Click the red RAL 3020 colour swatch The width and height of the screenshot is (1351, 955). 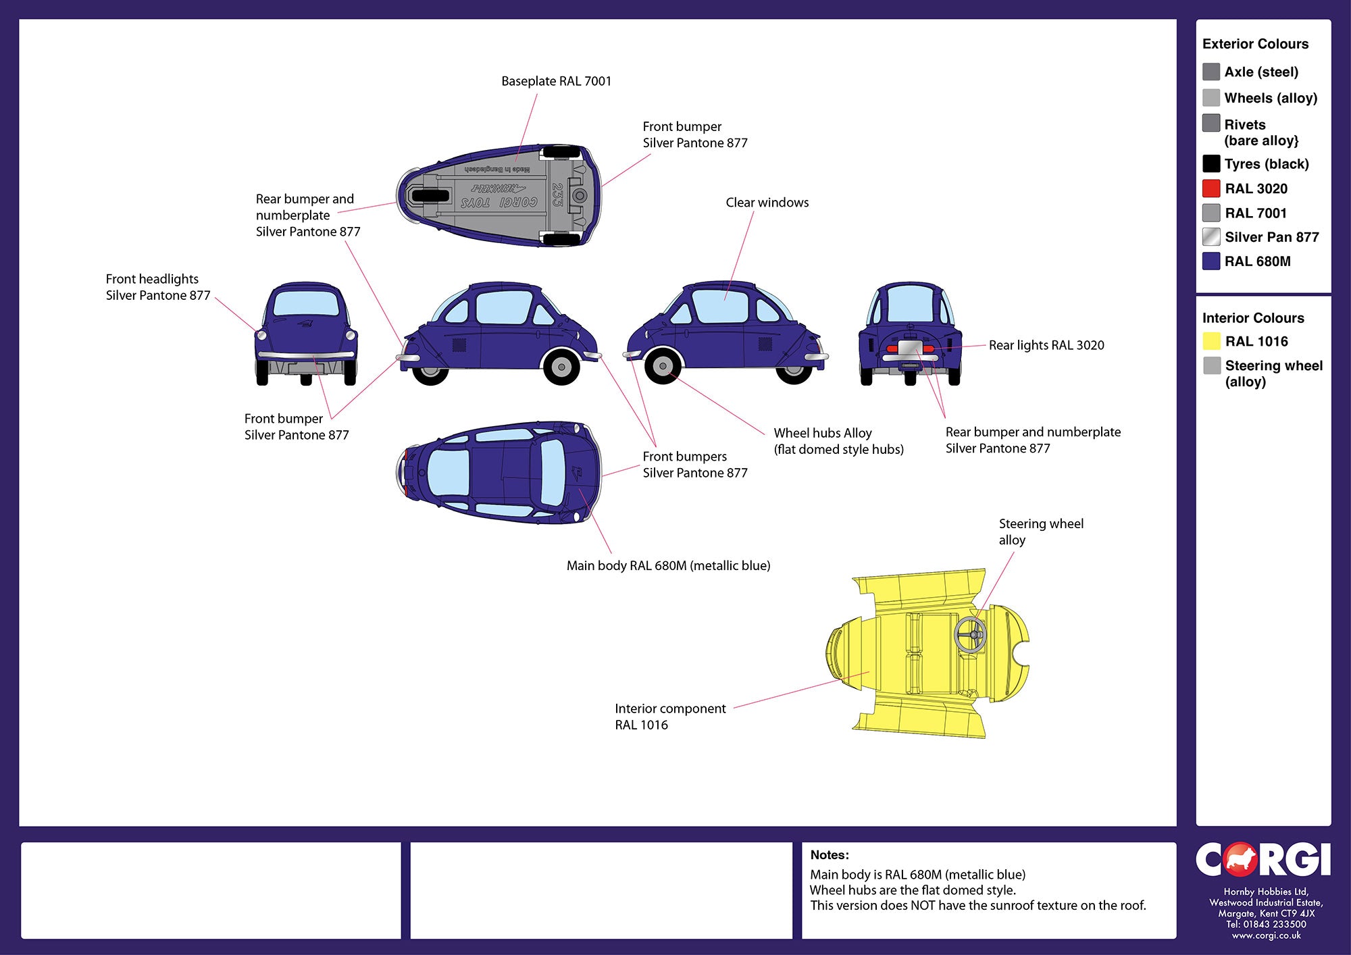pos(1211,188)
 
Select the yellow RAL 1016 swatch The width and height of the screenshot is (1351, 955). pos(1211,341)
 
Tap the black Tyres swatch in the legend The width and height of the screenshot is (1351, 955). pos(1211,163)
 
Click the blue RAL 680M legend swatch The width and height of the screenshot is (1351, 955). pos(1211,261)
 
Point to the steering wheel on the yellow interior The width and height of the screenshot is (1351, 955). pos(970,634)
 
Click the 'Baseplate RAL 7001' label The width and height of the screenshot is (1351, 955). pos(556,81)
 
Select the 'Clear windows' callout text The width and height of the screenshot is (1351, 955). pos(767,203)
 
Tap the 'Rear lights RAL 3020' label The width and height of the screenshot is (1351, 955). pos(1046,345)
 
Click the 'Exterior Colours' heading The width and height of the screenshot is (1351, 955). pos(1255,44)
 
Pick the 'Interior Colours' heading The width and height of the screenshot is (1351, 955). pos(1253,318)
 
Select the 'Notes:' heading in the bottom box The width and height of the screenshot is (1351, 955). pos(830,855)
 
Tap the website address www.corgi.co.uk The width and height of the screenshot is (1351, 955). pos(1266,935)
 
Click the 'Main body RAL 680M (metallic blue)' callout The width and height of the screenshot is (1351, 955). pos(668,566)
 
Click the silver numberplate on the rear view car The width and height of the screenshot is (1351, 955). pos(910,349)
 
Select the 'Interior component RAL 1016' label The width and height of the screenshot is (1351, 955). pos(670,717)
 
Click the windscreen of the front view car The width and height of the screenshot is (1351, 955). pos(306,303)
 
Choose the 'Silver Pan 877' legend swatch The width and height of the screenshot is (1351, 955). pos(1211,237)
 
